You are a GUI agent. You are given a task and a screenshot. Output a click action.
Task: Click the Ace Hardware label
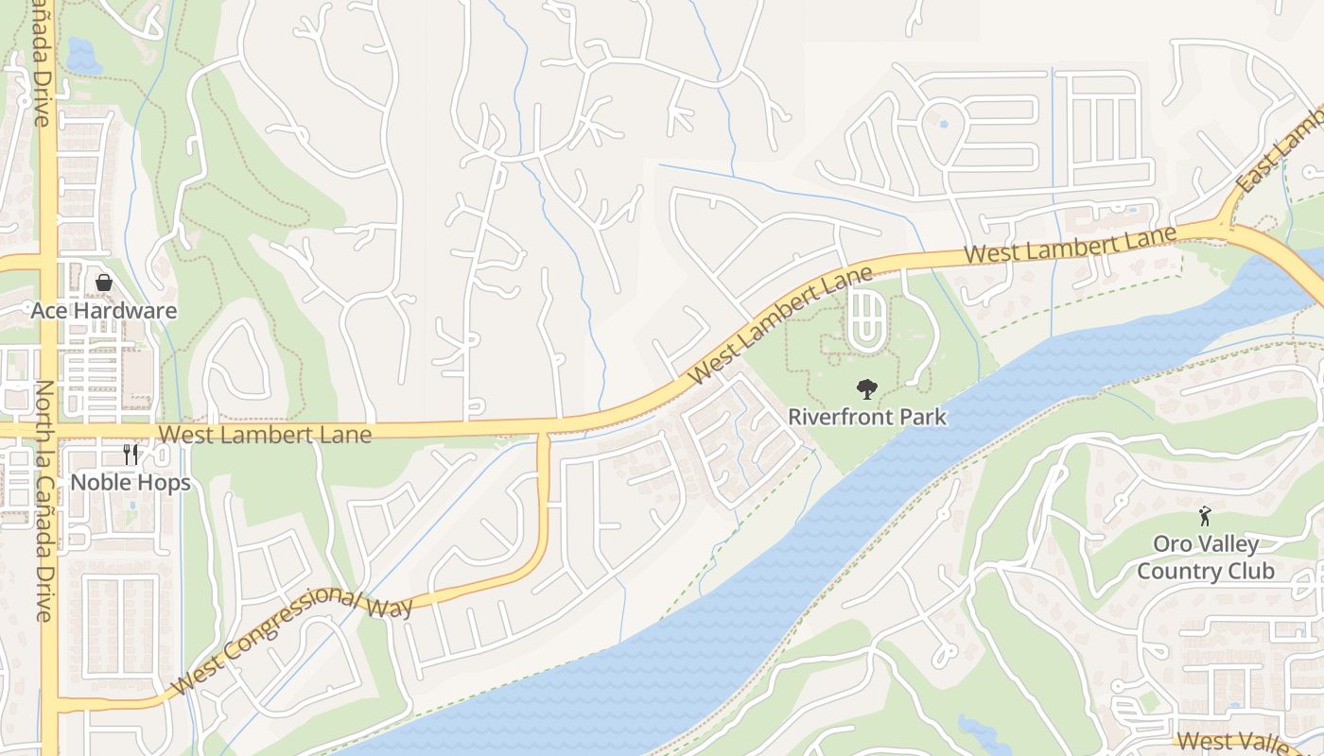[104, 311]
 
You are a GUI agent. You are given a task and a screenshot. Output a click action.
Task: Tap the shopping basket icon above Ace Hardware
[104, 283]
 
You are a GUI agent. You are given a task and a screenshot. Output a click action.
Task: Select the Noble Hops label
[131, 483]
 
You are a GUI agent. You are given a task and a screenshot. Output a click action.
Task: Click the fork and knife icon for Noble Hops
[131, 455]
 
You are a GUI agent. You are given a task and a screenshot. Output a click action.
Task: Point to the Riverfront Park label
[867, 417]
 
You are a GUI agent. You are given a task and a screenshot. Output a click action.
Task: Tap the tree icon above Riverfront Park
[865, 388]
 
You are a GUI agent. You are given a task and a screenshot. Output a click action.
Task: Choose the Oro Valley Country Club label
[1205, 558]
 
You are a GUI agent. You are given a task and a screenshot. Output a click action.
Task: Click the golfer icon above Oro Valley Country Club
[1205, 516]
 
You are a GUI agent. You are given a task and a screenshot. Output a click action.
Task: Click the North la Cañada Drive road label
[44, 501]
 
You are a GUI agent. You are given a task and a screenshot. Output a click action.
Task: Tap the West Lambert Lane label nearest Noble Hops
[266, 434]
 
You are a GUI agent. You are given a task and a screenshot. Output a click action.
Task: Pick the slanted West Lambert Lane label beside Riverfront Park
[781, 324]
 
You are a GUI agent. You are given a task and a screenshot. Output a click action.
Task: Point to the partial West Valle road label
[1235, 742]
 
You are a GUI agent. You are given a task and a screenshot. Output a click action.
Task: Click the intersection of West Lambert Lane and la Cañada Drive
[47, 431]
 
